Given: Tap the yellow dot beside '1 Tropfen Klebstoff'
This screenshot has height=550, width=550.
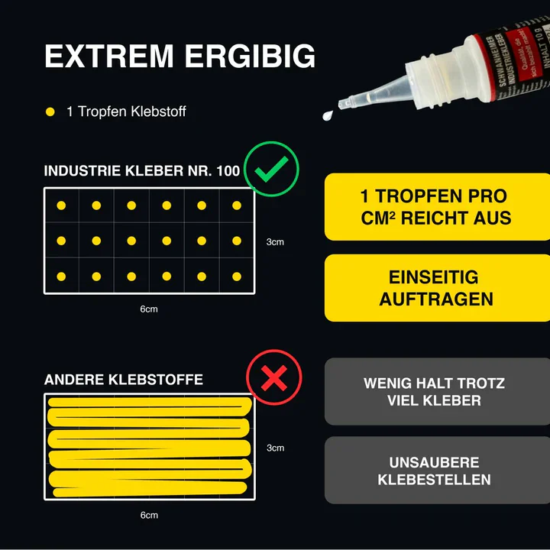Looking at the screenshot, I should (50, 112).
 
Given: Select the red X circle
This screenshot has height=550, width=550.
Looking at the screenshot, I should (274, 377).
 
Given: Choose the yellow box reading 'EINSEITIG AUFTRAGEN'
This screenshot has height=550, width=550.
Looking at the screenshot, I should (436, 288).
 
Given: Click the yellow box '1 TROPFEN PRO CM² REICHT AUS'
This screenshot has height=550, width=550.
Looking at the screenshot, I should (436, 207).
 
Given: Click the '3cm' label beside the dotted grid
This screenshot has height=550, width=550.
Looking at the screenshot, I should (275, 242).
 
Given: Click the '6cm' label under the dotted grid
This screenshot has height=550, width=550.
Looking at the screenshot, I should (149, 309).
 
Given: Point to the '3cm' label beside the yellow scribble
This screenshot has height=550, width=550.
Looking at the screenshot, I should (275, 448).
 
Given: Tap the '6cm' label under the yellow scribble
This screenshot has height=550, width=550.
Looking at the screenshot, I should (149, 515).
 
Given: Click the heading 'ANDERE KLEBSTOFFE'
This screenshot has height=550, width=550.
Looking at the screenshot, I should (124, 380).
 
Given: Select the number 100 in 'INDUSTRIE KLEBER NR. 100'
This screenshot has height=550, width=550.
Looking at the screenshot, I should (227, 171).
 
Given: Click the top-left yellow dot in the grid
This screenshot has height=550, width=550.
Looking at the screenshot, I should (62, 205).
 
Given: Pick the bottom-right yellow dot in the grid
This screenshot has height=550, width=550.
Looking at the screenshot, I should (237, 277).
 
